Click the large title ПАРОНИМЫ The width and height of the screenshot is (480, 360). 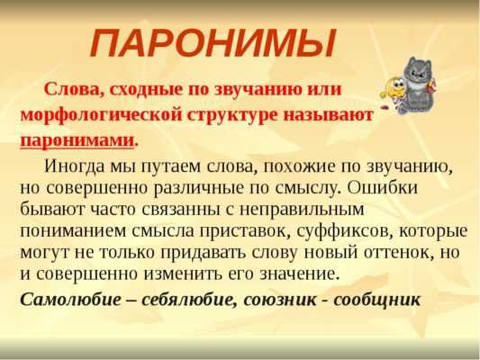(x=213, y=43)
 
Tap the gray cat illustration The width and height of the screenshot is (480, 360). (x=417, y=85)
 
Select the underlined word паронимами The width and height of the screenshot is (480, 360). (x=77, y=141)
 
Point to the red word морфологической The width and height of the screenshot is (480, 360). (x=101, y=115)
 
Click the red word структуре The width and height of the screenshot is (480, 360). (x=232, y=115)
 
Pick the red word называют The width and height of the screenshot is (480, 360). (x=328, y=115)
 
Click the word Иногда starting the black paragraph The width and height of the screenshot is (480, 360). (x=74, y=166)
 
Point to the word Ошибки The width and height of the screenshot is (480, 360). (x=383, y=187)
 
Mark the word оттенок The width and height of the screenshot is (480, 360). (x=399, y=253)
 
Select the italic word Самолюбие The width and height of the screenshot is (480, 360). (x=71, y=299)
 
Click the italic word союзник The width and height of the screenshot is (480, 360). (x=280, y=300)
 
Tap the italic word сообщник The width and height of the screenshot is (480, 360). (x=377, y=300)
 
